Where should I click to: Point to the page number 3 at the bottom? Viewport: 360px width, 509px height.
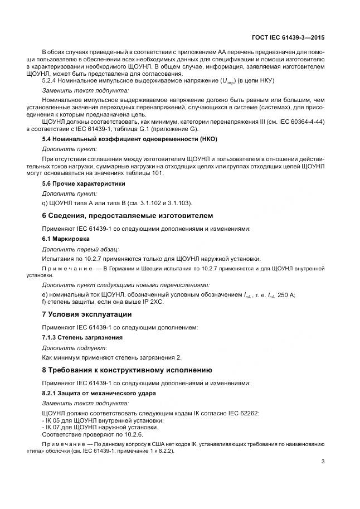click(323, 461)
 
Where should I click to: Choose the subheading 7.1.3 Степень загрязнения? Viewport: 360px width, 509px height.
click(82, 337)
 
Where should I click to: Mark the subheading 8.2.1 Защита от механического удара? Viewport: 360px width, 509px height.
click(99, 392)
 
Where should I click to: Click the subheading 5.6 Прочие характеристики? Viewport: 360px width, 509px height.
click(84, 183)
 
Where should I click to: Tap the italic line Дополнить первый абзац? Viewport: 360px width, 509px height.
click(80, 249)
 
